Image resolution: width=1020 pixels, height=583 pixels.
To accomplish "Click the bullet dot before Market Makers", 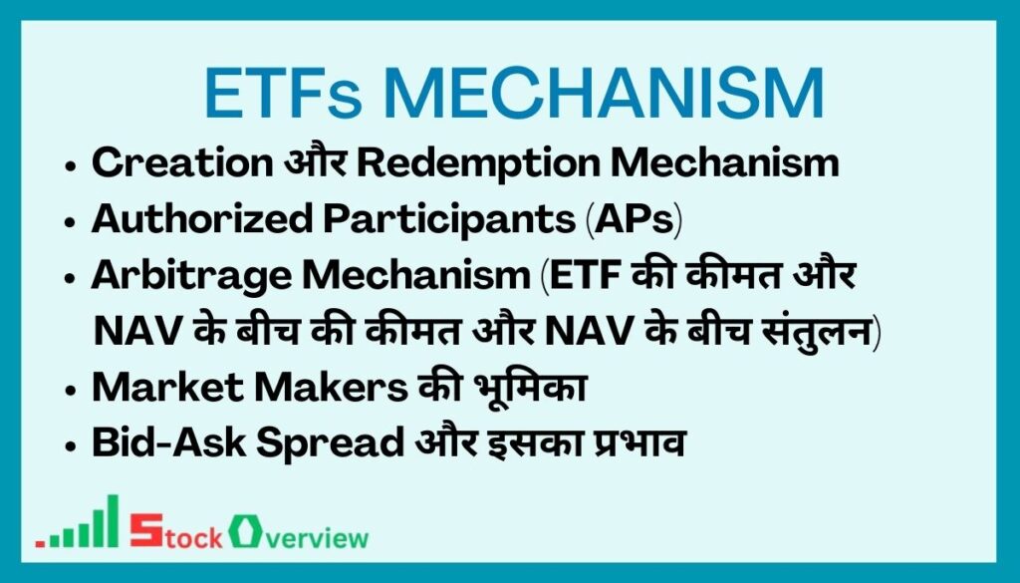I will [72, 390].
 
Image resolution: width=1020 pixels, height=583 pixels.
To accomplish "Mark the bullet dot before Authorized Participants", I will [72, 222].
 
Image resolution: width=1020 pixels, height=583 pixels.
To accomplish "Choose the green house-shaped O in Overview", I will [241, 530].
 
